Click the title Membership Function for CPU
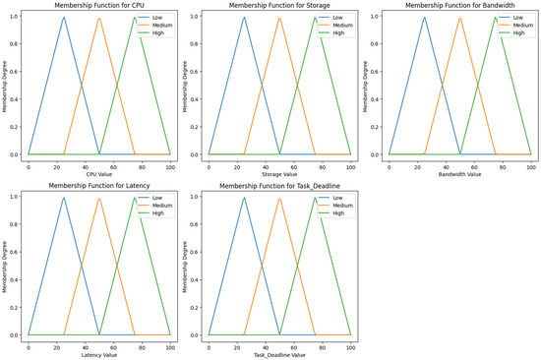(99, 6)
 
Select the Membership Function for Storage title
(279, 6)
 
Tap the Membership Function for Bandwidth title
(460, 6)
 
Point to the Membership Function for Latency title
(99, 186)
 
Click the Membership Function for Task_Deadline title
(279, 186)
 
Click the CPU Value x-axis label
(99, 173)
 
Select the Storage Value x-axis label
(279, 173)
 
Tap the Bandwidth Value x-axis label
(460, 173)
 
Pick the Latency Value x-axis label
(99, 353)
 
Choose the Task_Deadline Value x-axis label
(279, 353)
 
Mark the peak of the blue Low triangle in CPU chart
(64, 17)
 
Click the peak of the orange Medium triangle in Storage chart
(279, 18)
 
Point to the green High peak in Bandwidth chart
(495, 17)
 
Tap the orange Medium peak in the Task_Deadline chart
(279, 199)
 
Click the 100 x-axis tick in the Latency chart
(169, 345)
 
